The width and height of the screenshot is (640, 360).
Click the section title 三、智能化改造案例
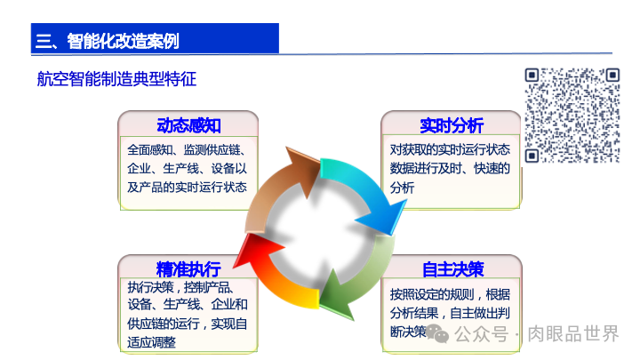click(x=107, y=40)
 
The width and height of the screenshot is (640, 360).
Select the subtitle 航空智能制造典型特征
click(x=116, y=79)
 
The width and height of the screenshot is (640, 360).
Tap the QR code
click(x=572, y=116)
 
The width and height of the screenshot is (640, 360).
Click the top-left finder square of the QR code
click(x=533, y=77)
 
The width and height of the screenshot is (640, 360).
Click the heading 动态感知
click(x=188, y=125)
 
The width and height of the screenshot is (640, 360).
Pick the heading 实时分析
click(x=452, y=125)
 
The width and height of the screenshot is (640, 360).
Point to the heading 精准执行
click(x=188, y=269)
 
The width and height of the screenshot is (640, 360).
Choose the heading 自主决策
click(x=452, y=269)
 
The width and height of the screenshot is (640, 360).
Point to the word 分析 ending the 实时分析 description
click(x=403, y=188)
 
